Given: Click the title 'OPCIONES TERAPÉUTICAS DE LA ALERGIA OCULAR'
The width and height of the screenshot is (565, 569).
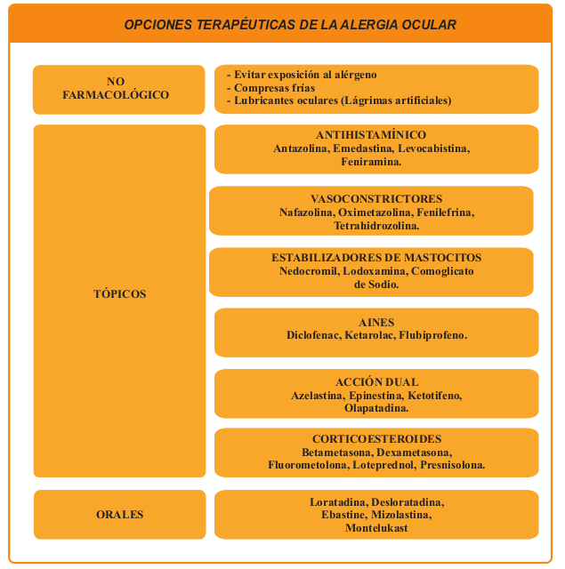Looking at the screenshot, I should (x=290, y=25).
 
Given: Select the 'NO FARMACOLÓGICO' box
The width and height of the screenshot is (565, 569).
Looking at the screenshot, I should (x=116, y=88).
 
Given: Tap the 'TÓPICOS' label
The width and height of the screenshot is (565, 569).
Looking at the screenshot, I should (x=119, y=293).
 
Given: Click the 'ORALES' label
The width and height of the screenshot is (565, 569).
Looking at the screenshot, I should (x=119, y=515).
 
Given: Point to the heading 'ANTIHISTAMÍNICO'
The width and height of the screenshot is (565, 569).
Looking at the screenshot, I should (x=376, y=135).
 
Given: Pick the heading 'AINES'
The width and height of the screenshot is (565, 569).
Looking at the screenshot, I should (x=376, y=322).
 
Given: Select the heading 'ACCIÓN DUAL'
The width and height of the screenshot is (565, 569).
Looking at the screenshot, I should (x=376, y=382).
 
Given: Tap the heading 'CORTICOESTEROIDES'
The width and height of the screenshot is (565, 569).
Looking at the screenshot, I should (x=376, y=439).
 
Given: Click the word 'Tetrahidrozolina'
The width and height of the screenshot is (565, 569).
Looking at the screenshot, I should (x=368, y=227).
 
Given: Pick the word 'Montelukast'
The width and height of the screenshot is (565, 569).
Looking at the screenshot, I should (x=376, y=528).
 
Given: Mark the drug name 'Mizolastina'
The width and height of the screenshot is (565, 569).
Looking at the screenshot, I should (x=400, y=515).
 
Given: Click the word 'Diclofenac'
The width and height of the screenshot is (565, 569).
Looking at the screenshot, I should (x=313, y=335).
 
